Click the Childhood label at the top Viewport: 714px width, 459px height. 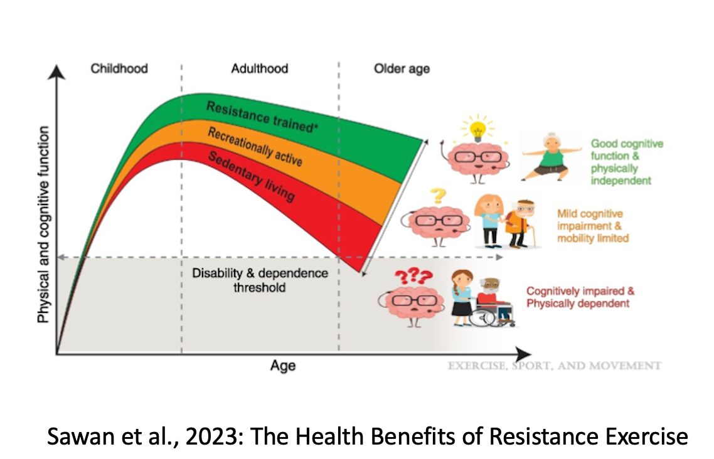tap(119, 68)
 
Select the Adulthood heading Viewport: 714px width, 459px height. tap(259, 68)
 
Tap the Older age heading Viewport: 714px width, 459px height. tap(402, 68)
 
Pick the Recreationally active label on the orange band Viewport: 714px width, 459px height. tap(255, 148)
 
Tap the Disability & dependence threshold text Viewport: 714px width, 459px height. tap(260, 280)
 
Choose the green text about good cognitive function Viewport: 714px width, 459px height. tap(626, 162)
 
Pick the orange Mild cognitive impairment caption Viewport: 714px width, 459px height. tap(592, 226)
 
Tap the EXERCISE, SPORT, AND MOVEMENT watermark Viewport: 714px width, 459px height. tap(554, 366)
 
